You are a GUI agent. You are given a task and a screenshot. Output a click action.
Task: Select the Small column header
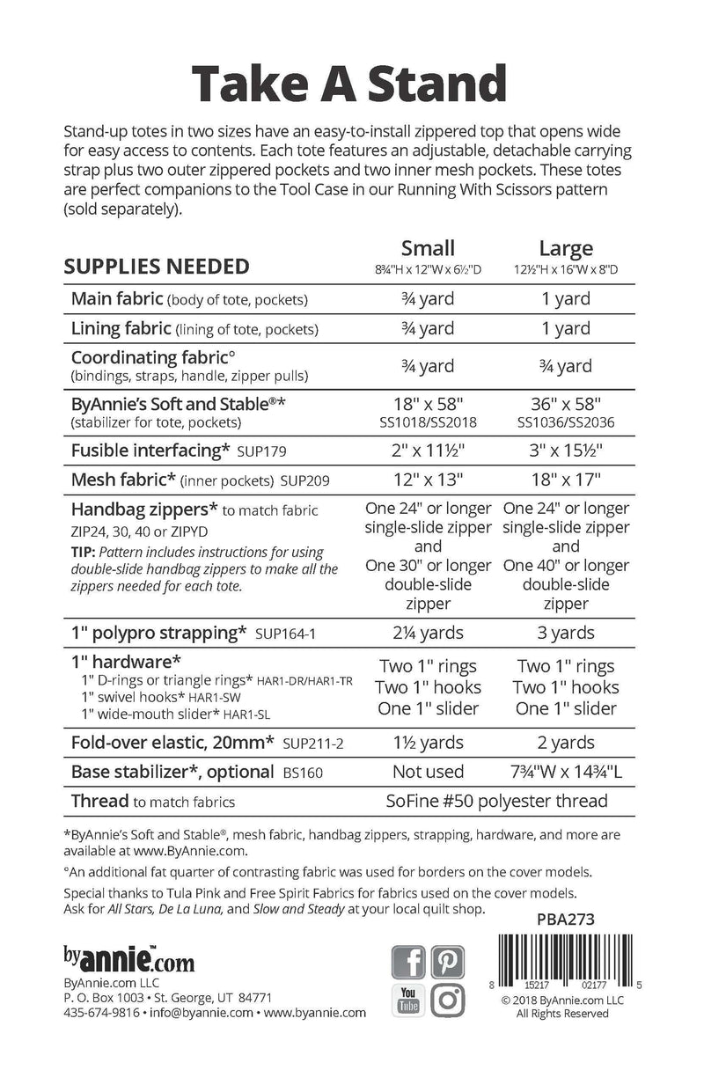click(428, 248)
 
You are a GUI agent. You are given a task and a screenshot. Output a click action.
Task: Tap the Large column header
click(566, 248)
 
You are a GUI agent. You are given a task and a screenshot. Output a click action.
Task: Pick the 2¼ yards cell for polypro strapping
click(428, 633)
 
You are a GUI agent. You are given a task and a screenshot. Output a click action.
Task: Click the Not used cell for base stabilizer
click(428, 772)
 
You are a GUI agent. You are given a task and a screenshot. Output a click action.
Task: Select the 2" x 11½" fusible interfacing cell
click(428, 450)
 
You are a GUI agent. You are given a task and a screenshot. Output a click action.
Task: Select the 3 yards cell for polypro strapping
click(566, 633)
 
